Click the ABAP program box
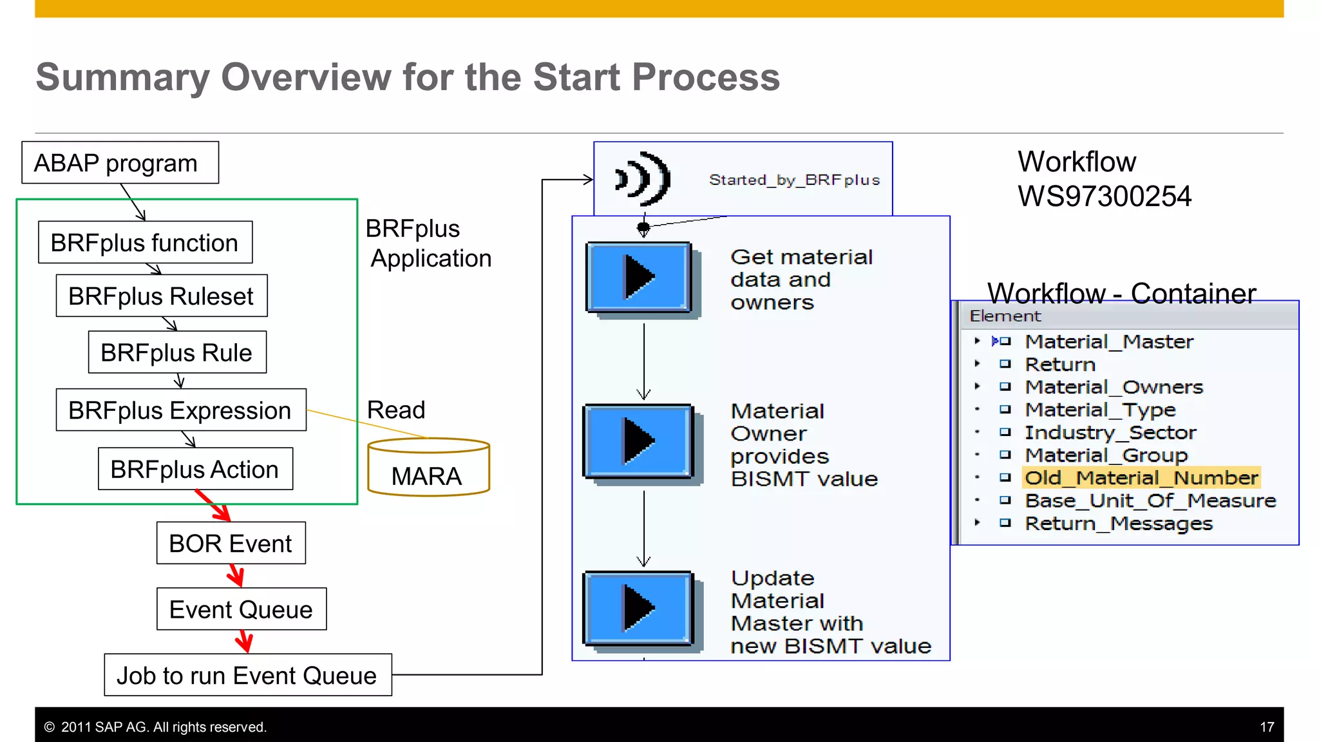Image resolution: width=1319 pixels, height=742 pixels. [x=120, y=163]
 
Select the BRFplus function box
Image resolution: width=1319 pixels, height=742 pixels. [x=145, y=243]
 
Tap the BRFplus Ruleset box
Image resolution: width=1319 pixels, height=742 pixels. [x=161, y=296]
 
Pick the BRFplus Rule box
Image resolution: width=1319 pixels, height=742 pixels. [x=177, y=352]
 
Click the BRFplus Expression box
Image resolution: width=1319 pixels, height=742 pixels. [x=180, y=410]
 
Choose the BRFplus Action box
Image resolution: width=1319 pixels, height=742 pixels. [x=195, y=470]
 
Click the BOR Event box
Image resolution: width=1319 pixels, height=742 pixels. [x=231, y=544]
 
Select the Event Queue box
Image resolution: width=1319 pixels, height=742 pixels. [x=241, y=609]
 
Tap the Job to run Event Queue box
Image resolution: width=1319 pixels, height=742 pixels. [x=247, y=676]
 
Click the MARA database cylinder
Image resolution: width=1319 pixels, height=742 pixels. [x=428, y=469]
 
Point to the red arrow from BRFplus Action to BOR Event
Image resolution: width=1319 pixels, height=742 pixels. [x=214, y=506]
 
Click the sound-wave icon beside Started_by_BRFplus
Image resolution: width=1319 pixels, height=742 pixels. [x=643, y=178]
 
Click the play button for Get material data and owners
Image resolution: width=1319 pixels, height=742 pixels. [x=639, y=278]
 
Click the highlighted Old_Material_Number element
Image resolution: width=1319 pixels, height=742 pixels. [x=1141, y=478]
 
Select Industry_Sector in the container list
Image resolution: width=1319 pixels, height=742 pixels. [x=1110, y=432]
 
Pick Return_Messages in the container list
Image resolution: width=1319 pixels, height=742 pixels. [x=1118, y=524]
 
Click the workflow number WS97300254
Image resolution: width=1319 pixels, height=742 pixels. [x=1104, y=196]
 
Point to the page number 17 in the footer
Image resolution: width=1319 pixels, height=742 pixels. [x=1266, y=727]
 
